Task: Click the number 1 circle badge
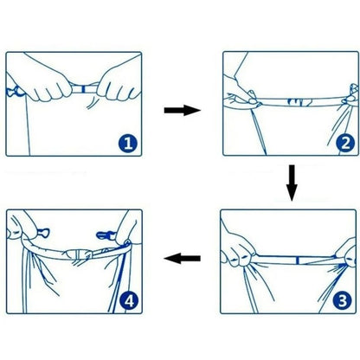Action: coord(127,143)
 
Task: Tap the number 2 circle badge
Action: coord(345,143)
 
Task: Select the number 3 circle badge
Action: coord(342,301)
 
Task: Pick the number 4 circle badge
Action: coord(129,301)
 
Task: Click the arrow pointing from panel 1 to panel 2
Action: coord(182,110)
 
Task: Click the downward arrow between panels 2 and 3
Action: coord(292,183)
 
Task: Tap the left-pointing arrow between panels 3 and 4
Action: coord(182,258)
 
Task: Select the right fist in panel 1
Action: coord(119,84)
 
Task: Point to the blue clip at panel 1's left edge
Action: coord(15,92)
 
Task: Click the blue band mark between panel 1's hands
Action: coord(83,89)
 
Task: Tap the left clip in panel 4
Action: coord(43,233)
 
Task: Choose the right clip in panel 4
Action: coord(106,235)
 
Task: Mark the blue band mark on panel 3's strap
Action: coord(298,260)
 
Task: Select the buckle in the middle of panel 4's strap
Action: coord(80,255)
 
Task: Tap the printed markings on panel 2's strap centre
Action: coord(300,102)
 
